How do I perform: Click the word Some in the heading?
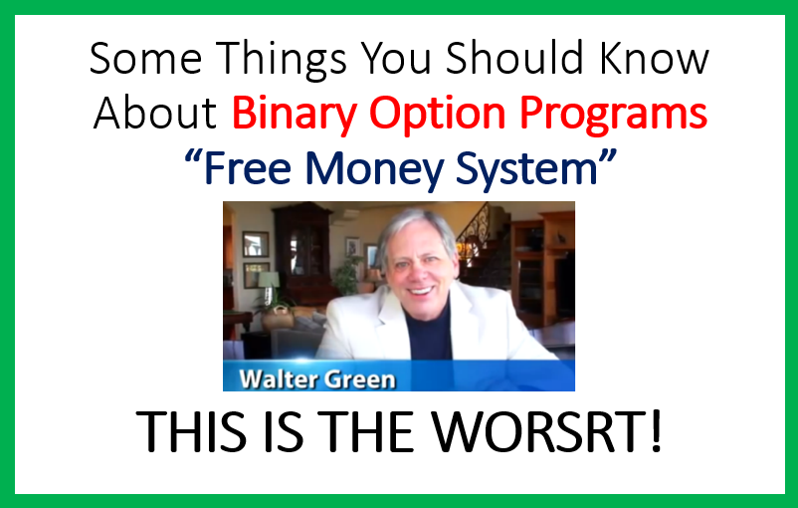click(145, 58)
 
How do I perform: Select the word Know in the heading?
click(654, 57)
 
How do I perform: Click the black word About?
click(155, 113)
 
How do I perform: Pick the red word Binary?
click(294, 116)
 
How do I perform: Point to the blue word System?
click(526, 170)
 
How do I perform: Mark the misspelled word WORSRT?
click(547, 431)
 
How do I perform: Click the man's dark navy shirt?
click(430, 331)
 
